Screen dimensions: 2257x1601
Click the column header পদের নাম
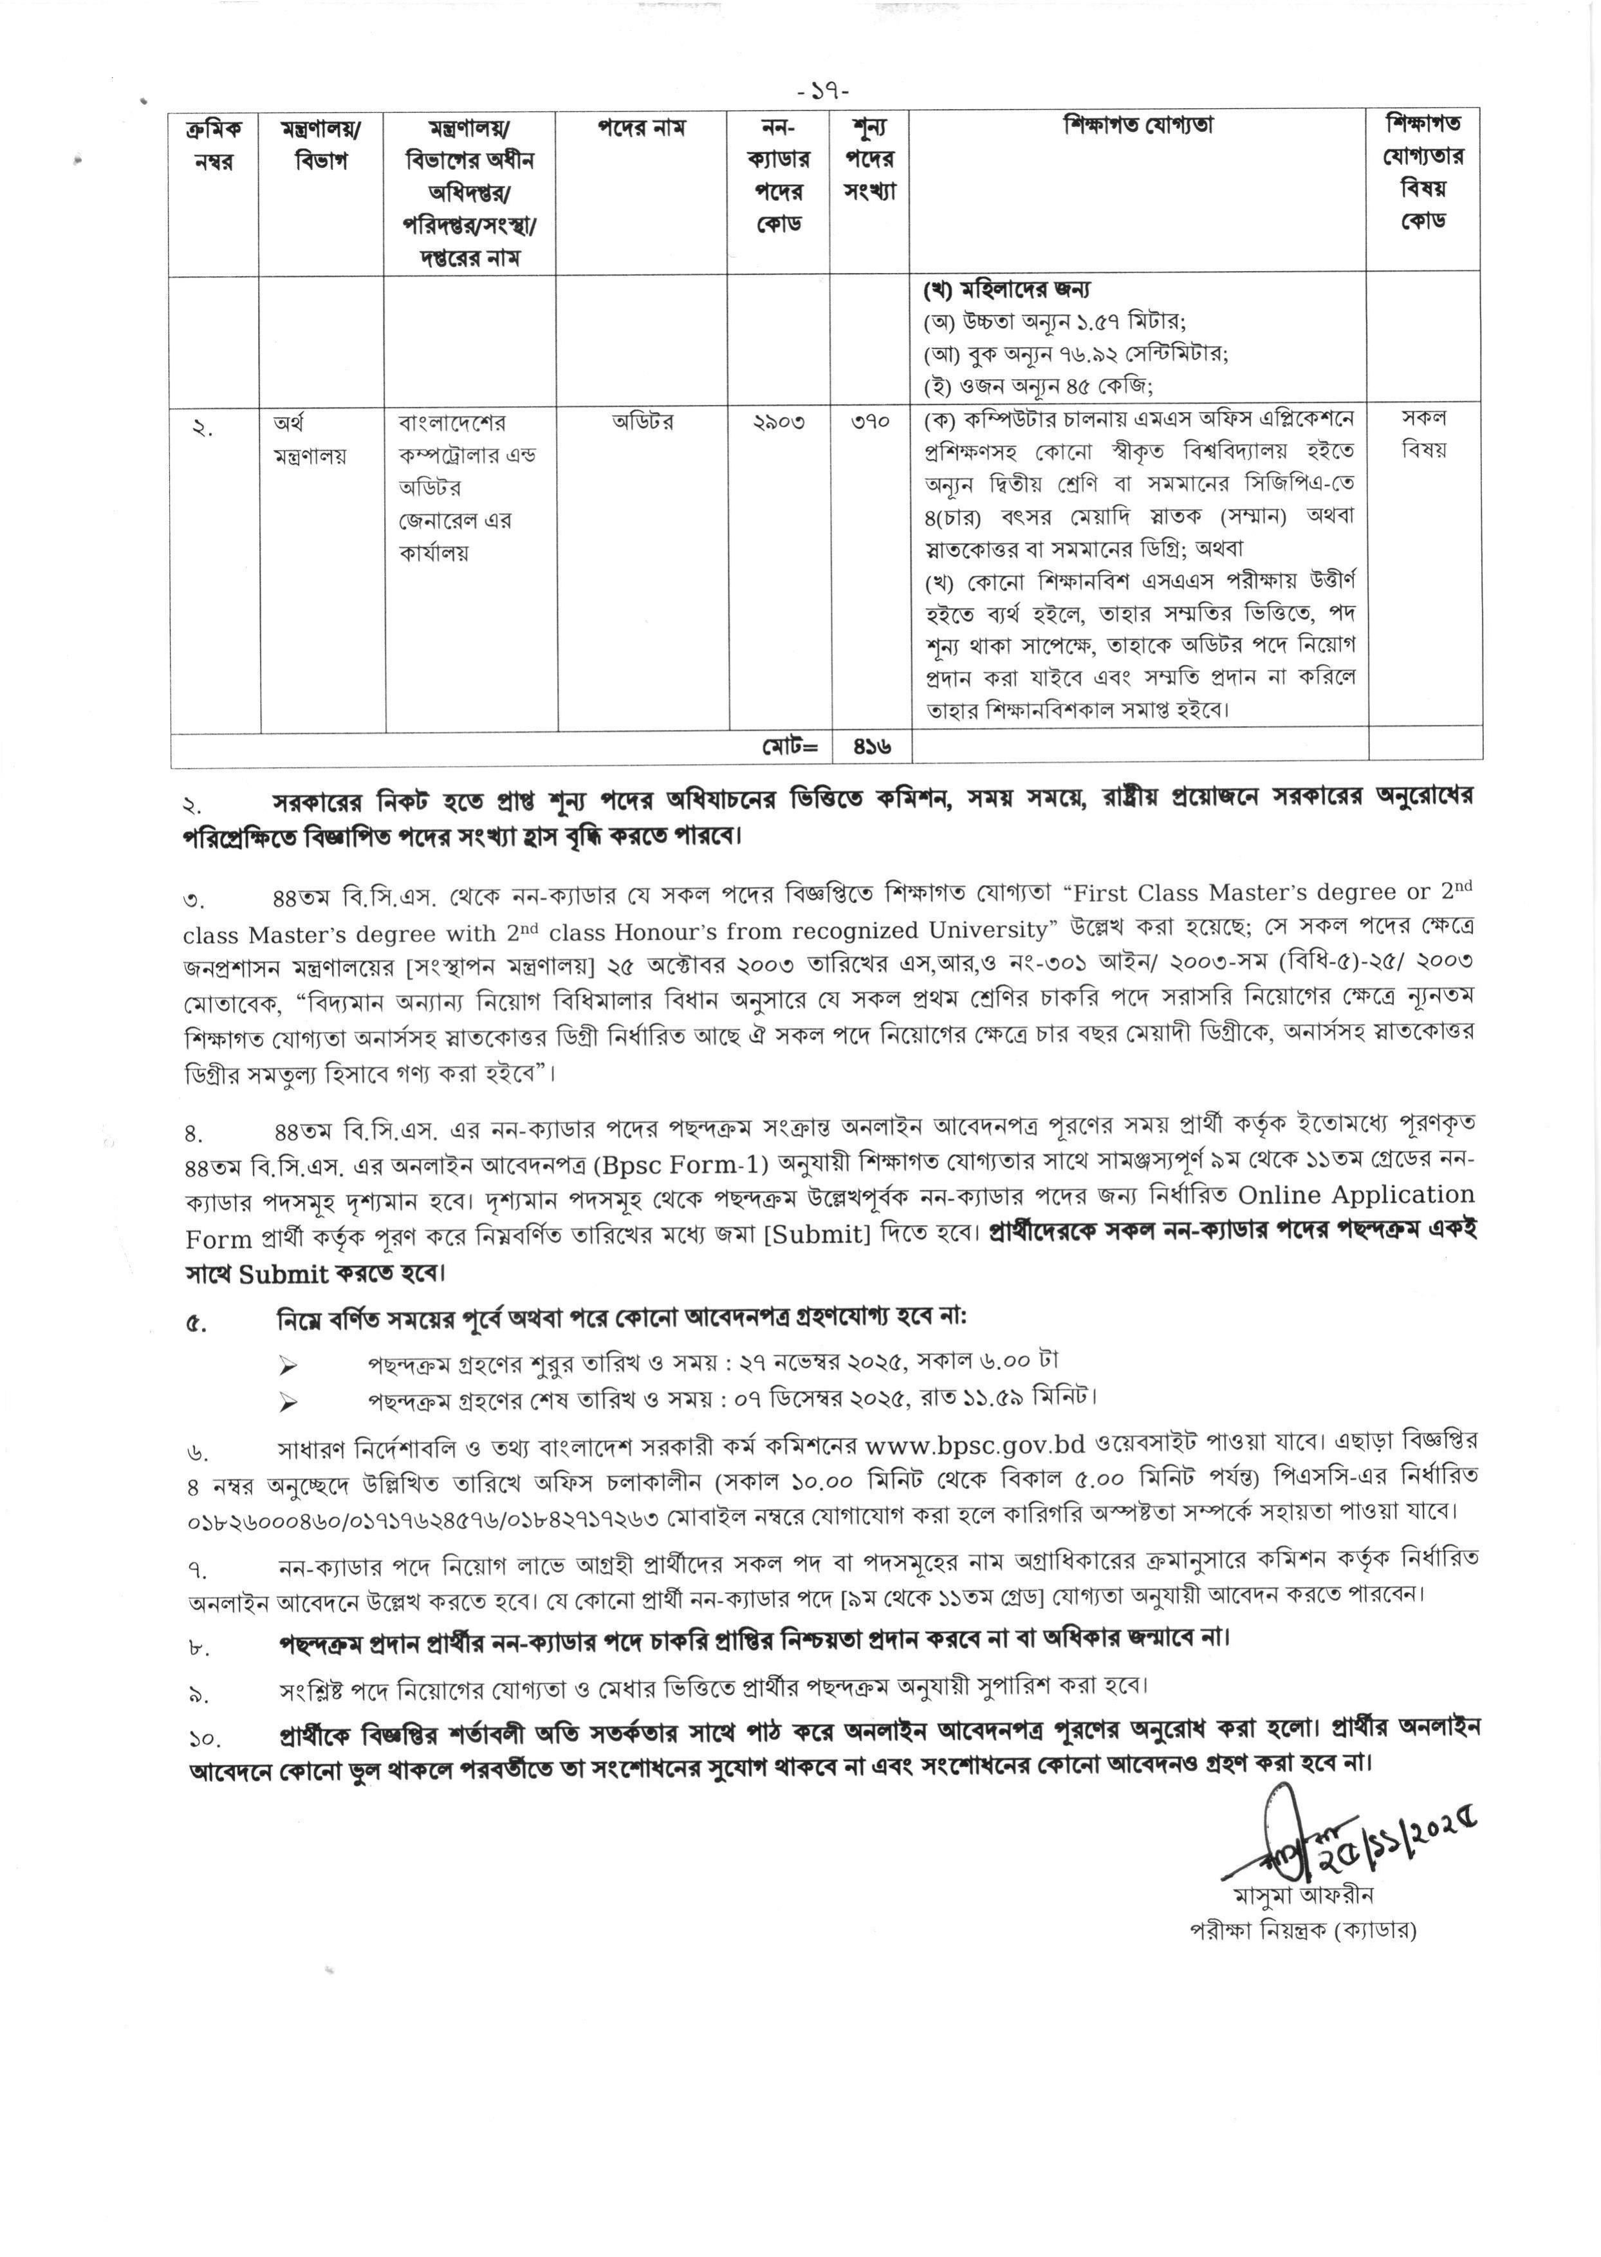pos(641,128)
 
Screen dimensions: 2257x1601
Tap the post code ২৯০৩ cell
pos(778,422)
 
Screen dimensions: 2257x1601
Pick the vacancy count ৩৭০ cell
pos(869,422)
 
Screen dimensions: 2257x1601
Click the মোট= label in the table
pos(790,747)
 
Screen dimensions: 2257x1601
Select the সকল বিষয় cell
pos(1423,434)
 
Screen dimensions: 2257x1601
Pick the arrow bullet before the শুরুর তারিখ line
pos(289,1365)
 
